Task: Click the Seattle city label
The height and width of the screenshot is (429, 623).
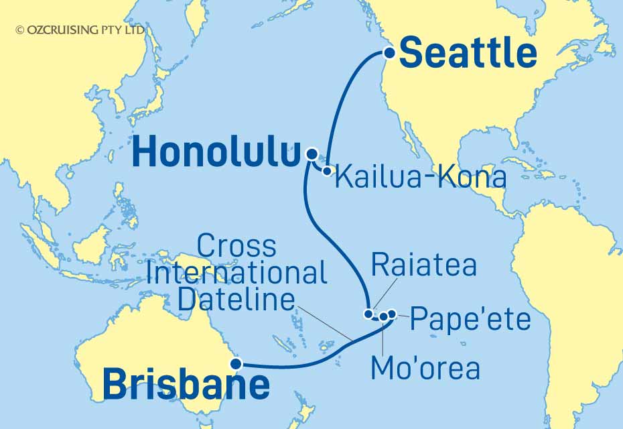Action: point(468,53)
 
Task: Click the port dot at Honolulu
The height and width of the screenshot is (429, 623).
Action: point(311,154)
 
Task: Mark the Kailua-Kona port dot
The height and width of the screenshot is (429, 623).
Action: point(327,171)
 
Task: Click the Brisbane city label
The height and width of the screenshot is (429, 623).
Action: point(186,385)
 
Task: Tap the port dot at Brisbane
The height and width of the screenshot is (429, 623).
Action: point(235,365)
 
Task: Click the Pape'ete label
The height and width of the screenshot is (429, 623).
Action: point(470,319)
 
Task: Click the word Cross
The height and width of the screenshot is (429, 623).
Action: point(237,246)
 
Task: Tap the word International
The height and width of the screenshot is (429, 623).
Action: point(236,273)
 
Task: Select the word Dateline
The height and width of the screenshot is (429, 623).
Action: point(236,299)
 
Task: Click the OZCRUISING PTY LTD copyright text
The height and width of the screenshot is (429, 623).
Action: point(80,29)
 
